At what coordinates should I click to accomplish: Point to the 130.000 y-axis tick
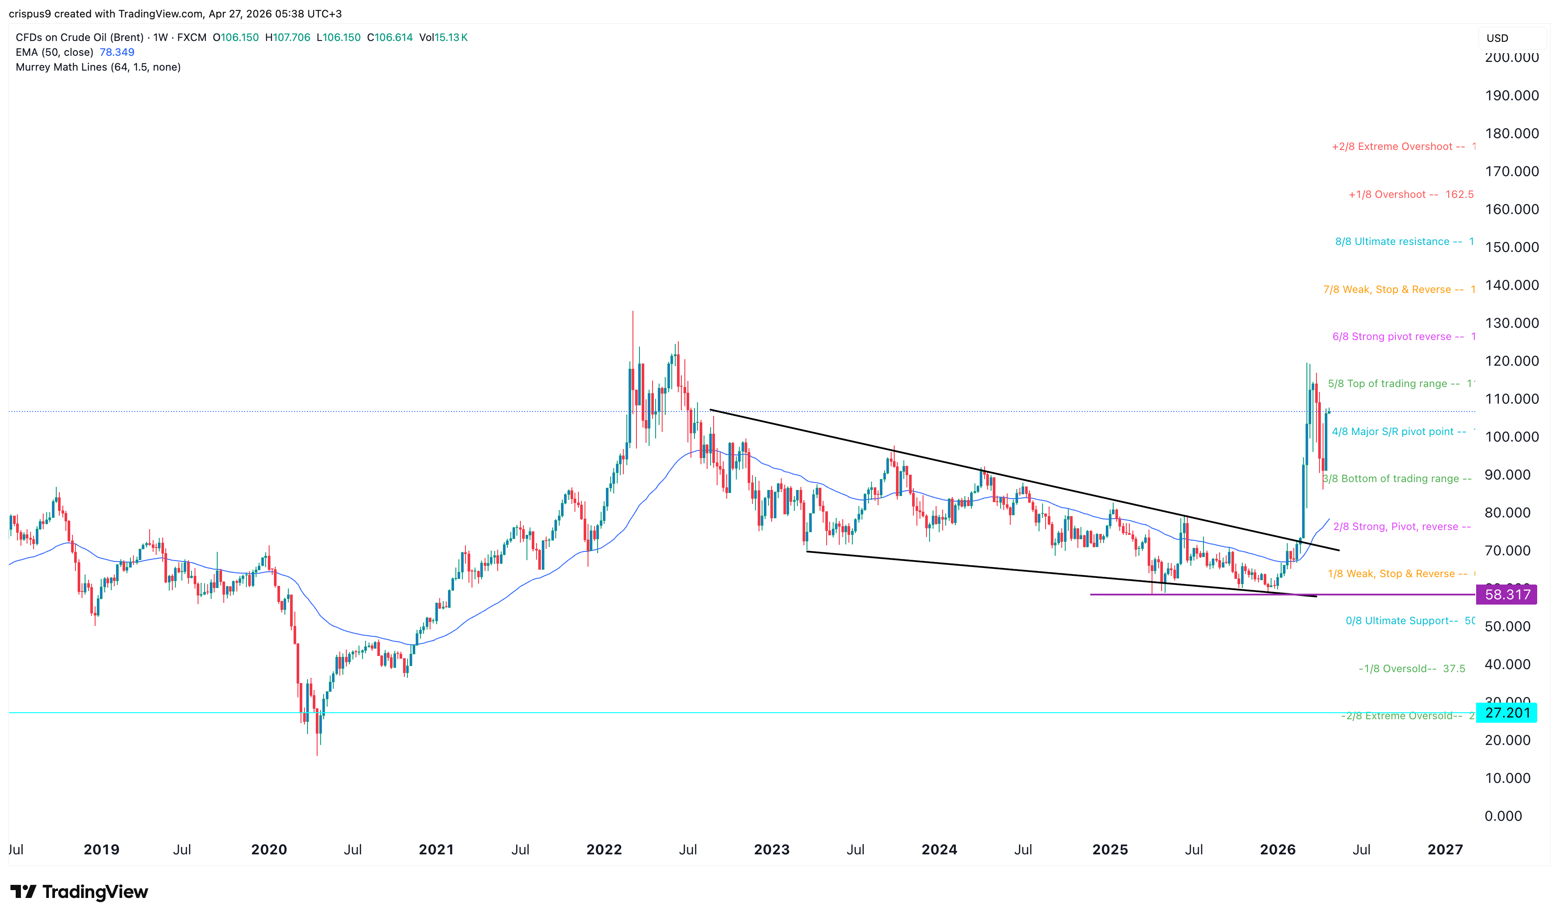(1511, 323)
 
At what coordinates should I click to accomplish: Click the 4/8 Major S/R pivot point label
(1399, 432)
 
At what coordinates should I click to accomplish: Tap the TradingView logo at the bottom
(79, 891)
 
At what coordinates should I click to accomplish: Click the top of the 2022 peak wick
(632, 312)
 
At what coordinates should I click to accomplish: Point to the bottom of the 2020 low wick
(317, 755)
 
